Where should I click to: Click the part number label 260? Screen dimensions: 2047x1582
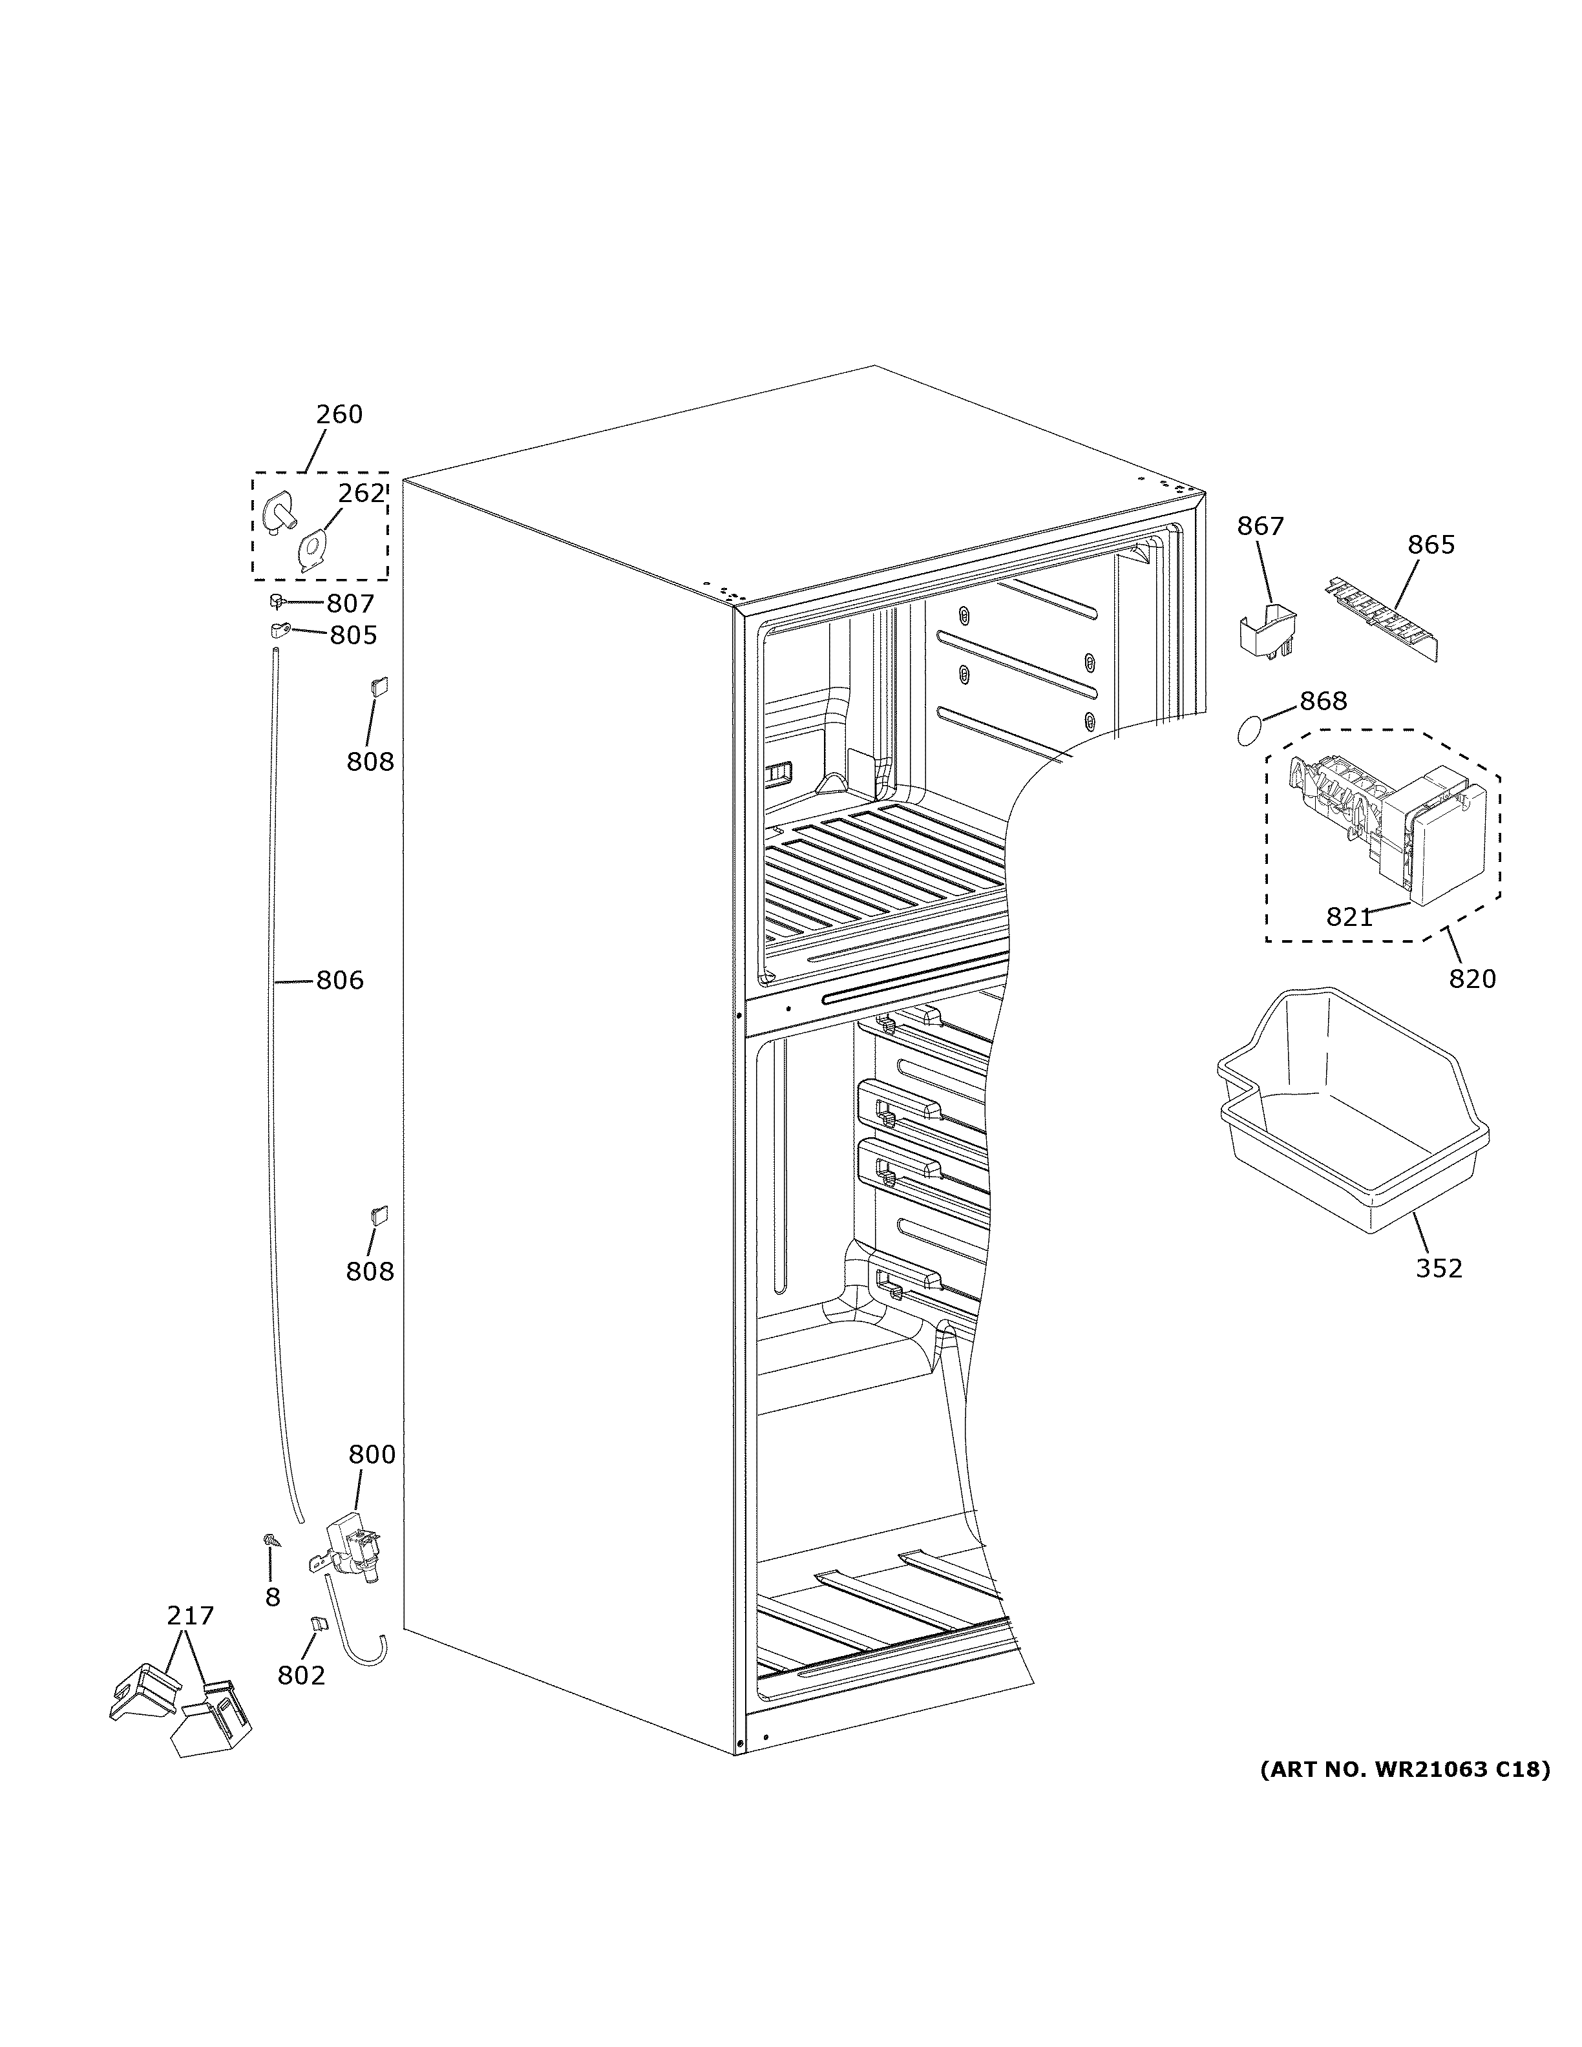click(339, 414)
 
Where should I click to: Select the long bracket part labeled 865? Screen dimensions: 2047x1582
click(1382, 620)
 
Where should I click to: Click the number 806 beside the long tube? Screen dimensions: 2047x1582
click(339, 980)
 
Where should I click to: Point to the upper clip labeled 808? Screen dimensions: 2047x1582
click(381, 686)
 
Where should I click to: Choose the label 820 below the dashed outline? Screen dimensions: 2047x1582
click(1472, 978)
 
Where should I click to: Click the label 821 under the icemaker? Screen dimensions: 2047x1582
click(1349, 918)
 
